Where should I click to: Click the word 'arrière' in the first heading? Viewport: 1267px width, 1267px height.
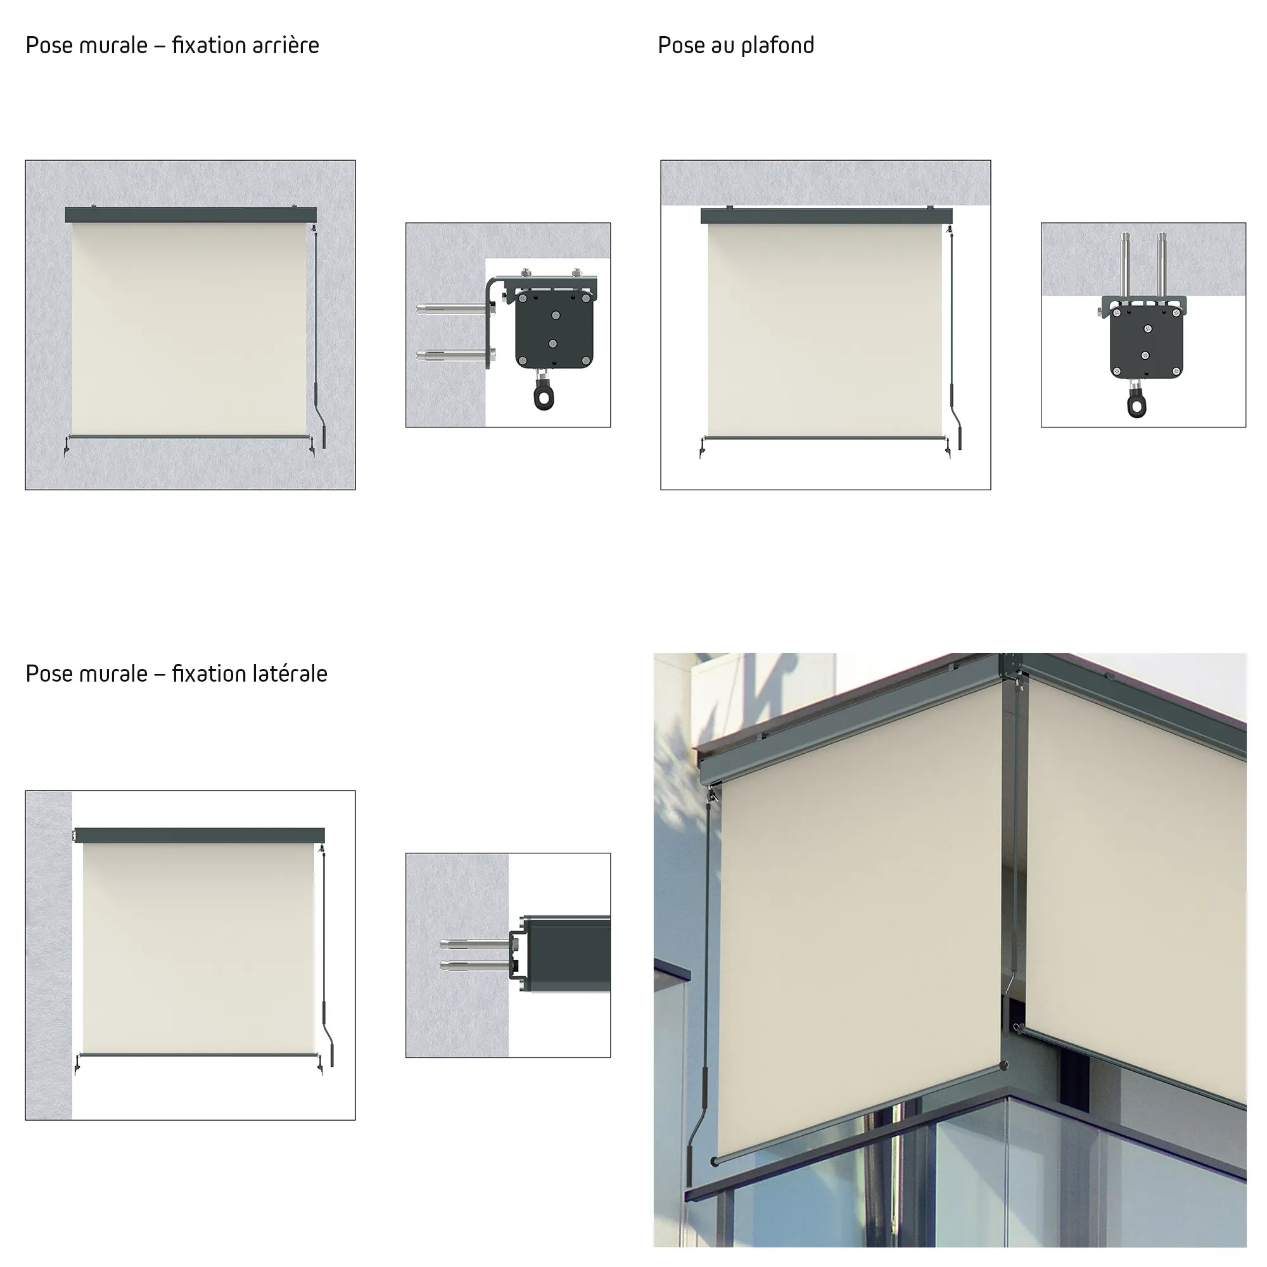point(284,45)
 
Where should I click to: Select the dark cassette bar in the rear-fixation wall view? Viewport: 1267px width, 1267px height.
point(191,215)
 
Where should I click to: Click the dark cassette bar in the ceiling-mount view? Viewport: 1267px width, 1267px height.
point(826,216)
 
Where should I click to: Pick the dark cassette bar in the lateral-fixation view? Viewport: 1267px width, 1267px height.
point(200,836)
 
